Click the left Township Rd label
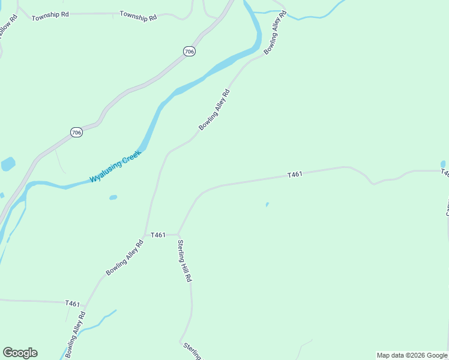(x=50, y=16)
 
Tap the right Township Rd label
(x=138, y=16)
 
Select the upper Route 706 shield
(x=190, y=52)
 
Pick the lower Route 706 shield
(x=76, y=132)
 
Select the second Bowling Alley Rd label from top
(x=214, y=110)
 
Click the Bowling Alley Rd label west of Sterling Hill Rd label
(x=125, y=258)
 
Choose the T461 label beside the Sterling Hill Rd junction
(x=158, y=235)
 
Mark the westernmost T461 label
(x=73, y=304)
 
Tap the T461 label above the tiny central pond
(x=294, y=175)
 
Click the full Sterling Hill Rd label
(x=184, y=261)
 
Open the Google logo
(x=20, y=353)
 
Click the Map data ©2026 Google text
(x=412, y=355)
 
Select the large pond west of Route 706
(x=8, y=164)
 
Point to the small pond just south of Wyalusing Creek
(x=113, y=197)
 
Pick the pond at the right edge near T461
(x=443, y=164)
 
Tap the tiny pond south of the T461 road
(x=267, y=205)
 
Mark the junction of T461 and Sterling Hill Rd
(x=179, y=235)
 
